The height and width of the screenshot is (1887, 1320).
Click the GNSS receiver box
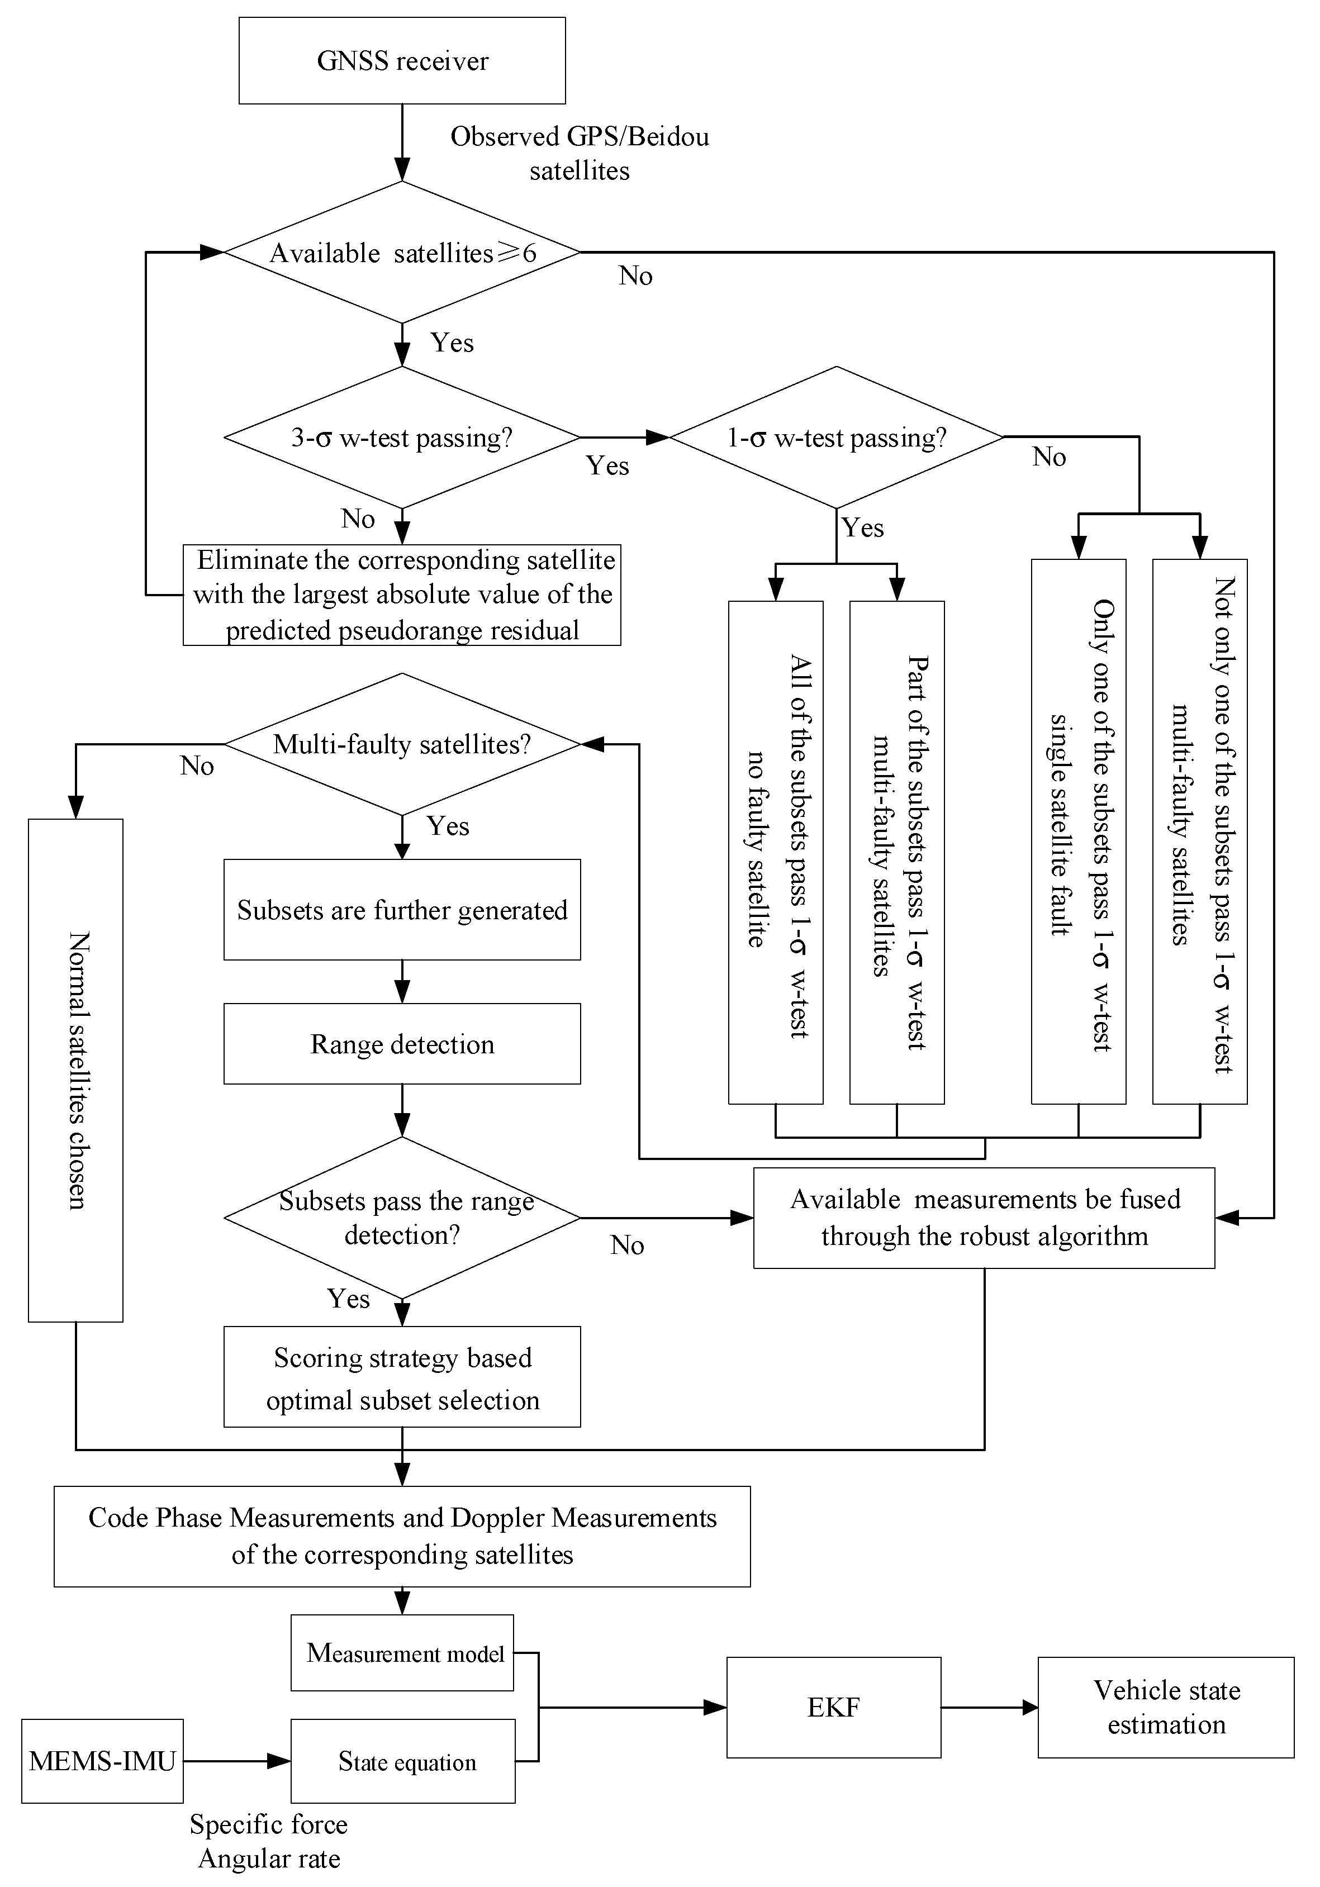pos(402,61)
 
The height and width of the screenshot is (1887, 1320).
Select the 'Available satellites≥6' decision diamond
pos(402,253)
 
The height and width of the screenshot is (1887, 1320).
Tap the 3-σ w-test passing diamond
pos(402,437)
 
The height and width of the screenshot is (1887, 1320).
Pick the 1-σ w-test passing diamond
pos(836,437)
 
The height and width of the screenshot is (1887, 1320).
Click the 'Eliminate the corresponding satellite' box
pos(402,595)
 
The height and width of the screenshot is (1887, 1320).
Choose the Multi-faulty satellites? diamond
pos(402,744)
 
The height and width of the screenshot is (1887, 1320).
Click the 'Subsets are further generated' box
pos(402,910)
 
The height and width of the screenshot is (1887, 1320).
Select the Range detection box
pos(402,1044)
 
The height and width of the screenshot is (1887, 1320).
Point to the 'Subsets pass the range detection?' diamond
pos(402,1218)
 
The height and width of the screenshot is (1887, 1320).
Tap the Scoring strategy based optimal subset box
pos(402,1377)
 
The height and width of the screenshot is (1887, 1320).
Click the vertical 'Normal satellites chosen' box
pos(75,1070)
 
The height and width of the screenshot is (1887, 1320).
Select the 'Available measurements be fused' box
pos(984,1218)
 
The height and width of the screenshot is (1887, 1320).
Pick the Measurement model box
pos(402,1653)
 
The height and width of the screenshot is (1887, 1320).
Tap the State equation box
pos(403,1761)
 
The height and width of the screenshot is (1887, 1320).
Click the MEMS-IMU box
pos(102,1761)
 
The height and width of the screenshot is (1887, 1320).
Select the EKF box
pos(833,1707)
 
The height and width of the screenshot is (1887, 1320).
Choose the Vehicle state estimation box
pos(1166,1707)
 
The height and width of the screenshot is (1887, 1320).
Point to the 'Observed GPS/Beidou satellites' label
pos(580,153)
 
